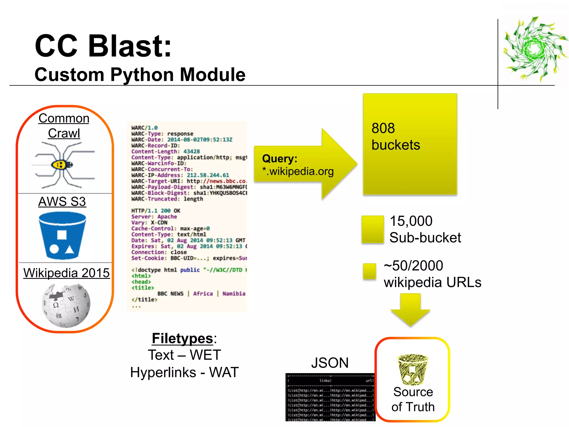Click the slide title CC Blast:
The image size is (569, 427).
click(x=103, y=46)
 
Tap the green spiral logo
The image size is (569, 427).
click(x=535, y=49)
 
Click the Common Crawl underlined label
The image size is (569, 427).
click(x=64, y=126)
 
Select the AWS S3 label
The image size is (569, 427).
click(x=62, y=202)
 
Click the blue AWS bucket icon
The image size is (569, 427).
click(x=62, y=235)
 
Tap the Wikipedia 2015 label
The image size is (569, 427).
click(x=66, y=273)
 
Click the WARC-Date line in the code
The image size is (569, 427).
click(x=182, y=140)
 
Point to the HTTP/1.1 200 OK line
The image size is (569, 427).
click(x=156, y=211)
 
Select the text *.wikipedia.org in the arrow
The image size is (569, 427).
click(x=298, y=171)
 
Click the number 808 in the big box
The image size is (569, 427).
click(x=383, y=128)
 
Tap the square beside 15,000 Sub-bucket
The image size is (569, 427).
click(x=373, y=229)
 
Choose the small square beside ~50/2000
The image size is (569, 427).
click(x=369, y=271)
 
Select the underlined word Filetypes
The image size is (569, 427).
click(x=182, y=338)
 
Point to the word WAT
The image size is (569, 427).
click(x=224, y=372)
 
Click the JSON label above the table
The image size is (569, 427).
click(x=330, y=363)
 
